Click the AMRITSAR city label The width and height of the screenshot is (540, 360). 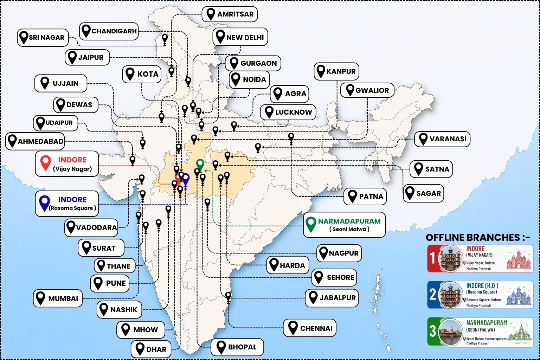(x=230, y=14)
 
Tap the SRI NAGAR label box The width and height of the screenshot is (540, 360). (x=43, y=38)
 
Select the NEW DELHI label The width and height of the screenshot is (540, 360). (x=240, y=37)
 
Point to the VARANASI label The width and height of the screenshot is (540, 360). (x=442, y=139)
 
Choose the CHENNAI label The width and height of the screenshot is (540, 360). (x=310, y=328)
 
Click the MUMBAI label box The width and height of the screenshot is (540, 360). (x=58, y=298)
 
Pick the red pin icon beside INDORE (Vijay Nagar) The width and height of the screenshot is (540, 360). (x=46, y=163)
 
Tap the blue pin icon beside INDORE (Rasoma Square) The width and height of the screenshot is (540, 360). (x=45, y=203)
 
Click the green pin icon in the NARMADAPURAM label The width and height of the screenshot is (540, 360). (x=311, y=224)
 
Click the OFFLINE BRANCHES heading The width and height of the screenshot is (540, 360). (x=478, y=237)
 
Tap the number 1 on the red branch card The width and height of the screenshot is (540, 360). (x=433, y=258)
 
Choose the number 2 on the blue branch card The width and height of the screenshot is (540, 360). (x=433, y=295)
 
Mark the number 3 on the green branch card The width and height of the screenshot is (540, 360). (x=433, y=331)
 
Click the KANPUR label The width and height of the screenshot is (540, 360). (x=336, y=71)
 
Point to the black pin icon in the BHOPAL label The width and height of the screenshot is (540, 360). (x=221, y=347)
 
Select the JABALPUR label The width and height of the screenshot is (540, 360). (x=332, y=298)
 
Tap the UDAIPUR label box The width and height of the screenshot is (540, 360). (x=56, y=123)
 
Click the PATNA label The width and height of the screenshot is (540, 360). (x=365, y=197)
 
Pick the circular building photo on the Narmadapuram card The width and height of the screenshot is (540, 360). (x=451, y=332)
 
